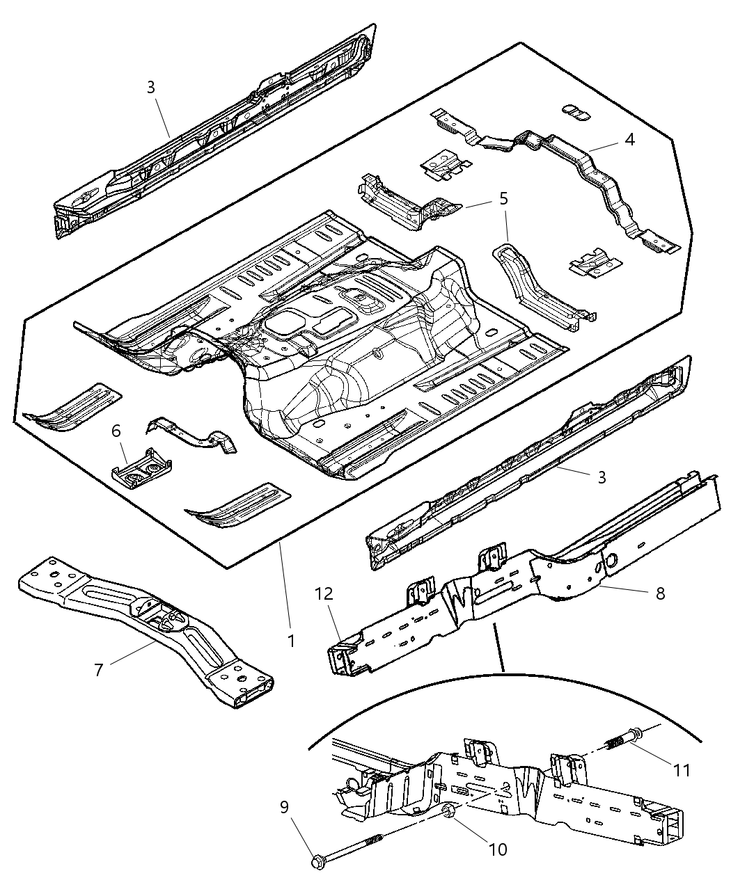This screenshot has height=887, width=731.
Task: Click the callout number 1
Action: click(291, 641)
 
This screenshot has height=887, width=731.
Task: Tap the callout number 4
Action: click(629, 139)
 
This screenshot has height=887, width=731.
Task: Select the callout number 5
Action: click(503, 198)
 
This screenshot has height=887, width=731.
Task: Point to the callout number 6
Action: click(117, 432)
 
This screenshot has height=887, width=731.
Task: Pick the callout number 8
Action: click(660, 593)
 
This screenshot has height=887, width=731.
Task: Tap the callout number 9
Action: click(285, 807)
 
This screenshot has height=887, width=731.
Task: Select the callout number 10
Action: click(498, 849)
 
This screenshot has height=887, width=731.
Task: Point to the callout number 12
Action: click(324, 593)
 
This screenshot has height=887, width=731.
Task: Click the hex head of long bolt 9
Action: click(318, 863)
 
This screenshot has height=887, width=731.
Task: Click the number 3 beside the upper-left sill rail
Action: click(151, 87)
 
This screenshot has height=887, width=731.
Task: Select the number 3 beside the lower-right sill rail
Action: click(602, 477)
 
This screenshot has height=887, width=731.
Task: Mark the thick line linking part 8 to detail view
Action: click(498, 648)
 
